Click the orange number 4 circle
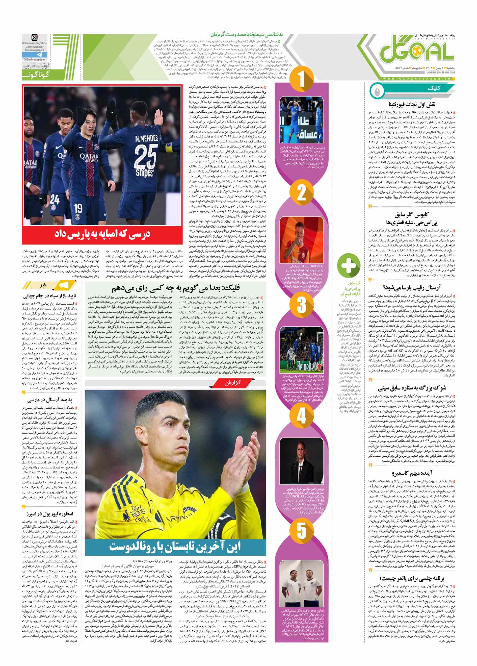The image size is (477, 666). click(x=301, y=416)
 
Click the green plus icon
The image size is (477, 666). click(x=348, y=265)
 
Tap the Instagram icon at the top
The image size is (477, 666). click(x=34, y=38)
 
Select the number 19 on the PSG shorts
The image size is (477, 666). click(x=78, y=208)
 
